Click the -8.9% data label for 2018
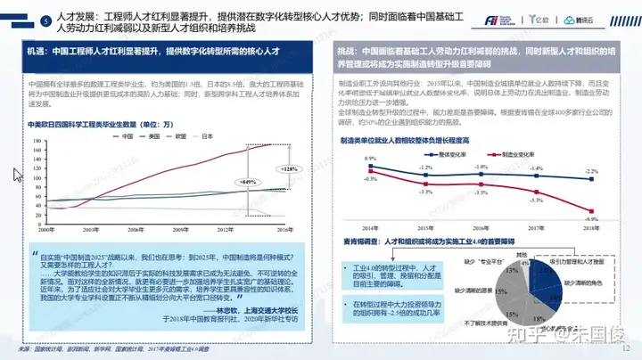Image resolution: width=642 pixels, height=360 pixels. click(x=591, y=218)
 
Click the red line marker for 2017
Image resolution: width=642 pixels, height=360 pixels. click(x=536, y=193)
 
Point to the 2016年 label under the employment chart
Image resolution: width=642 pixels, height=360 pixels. click(x=481, y=230)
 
